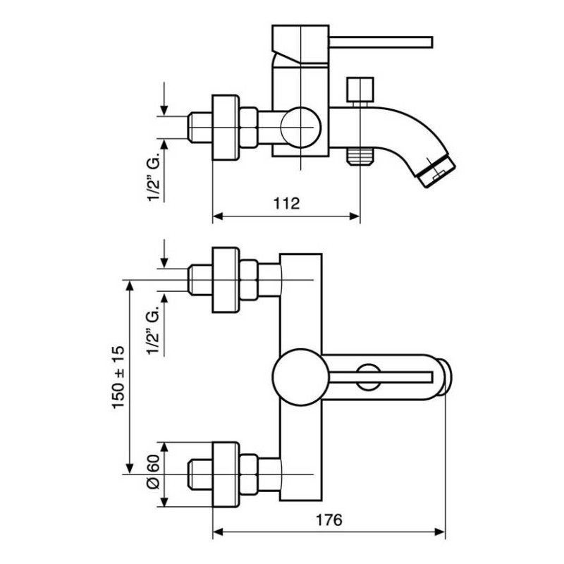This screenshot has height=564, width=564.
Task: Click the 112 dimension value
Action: click(286, 204)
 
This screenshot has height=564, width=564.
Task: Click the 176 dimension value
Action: click(329, 520)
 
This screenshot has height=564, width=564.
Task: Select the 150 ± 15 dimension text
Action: click(118, 377)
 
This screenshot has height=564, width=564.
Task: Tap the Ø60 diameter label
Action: click(153, 472)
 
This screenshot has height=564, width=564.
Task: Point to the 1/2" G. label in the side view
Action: click(154, 176)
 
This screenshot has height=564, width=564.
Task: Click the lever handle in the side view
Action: click(381, 42)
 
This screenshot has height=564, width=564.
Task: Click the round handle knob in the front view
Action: click(300, 377)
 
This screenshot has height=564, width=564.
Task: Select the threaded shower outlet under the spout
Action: click(360, 155)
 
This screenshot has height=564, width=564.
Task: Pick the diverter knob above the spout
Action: click(360, 90)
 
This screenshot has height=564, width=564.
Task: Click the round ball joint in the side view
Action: click(300, 128)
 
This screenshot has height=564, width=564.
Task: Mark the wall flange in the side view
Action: click(226, 128)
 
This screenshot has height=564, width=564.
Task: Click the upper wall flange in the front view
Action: click(226, 280)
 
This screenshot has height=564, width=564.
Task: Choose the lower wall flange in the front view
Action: click(226, 474)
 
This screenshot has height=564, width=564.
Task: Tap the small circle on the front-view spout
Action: click(368, 377)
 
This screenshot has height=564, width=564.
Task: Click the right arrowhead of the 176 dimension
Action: click(440, 532)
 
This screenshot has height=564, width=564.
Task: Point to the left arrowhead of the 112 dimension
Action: click(218, 216)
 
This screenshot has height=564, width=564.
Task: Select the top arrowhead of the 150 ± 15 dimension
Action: click(130, 286)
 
